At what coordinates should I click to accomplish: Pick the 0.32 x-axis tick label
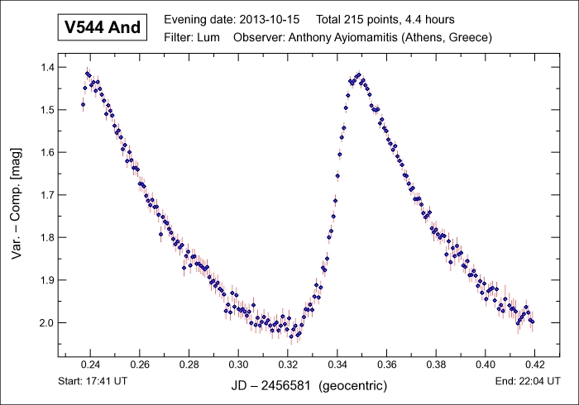pos(288,363)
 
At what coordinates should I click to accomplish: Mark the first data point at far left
pos(83,104)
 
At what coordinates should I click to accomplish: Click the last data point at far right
pos(533,322)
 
